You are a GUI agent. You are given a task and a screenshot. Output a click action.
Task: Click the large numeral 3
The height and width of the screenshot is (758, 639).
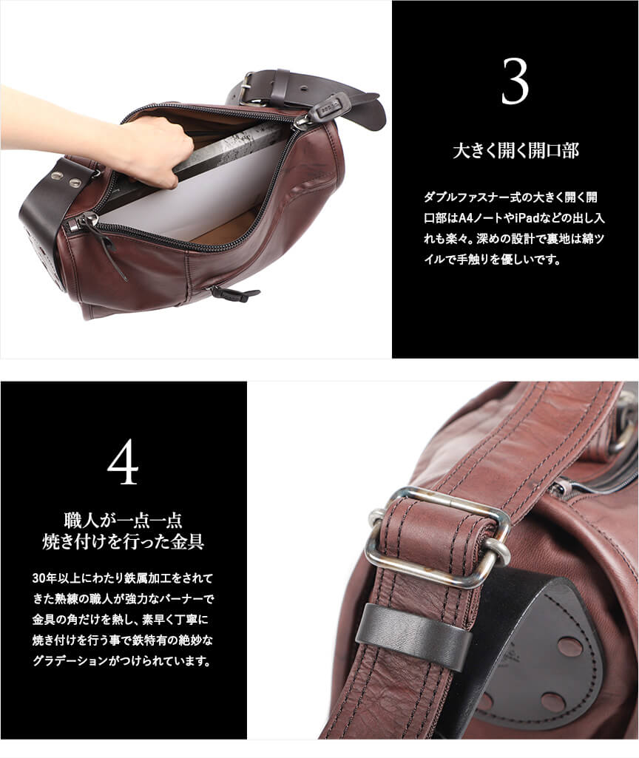click(515, 81)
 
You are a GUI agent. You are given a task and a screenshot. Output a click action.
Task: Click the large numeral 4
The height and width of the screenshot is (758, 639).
click(124, 463)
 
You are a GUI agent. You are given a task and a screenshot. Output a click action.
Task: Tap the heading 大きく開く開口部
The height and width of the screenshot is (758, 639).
click(515, 150)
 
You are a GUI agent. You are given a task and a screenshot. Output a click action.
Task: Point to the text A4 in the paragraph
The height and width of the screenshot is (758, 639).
click(465, 218)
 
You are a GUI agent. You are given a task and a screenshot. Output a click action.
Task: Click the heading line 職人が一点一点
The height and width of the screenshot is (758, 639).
click(124, 521)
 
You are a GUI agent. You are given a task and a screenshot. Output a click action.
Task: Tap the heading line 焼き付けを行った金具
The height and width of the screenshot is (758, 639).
click(124, 542)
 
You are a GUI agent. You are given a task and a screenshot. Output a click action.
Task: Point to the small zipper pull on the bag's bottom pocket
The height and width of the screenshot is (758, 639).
click(233, 292)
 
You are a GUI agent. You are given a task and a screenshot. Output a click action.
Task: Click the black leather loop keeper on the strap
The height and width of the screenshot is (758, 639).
click(413, 627)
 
